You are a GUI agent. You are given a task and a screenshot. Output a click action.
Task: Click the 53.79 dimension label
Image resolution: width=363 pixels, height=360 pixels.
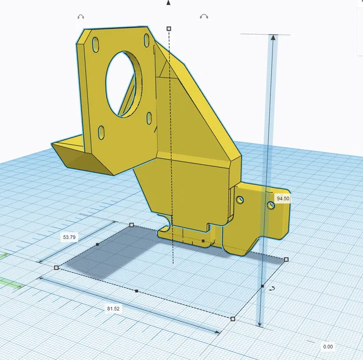[69, 237]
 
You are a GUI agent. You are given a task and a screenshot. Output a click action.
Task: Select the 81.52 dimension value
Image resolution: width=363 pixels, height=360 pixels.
[114, 309]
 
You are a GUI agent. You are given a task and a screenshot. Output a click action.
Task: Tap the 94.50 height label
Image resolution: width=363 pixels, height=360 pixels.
[283, 198]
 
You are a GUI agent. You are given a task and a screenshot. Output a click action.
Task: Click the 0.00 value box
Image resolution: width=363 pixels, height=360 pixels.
[328, 346]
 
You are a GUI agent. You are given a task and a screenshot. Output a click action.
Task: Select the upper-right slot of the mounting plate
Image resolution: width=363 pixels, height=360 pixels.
[147, 40]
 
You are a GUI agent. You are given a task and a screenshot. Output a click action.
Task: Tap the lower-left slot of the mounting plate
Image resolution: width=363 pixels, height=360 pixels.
[101, 132]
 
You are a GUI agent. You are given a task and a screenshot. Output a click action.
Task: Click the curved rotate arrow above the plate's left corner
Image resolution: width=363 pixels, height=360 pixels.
[81, 18]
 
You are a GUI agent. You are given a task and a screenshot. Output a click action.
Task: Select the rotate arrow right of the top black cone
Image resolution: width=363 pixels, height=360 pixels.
[204, 17]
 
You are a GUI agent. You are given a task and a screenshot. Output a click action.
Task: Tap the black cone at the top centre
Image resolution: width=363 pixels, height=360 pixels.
[168, 3]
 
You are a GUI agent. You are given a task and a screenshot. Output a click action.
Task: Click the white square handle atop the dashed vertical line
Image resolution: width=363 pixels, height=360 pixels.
[169, 28]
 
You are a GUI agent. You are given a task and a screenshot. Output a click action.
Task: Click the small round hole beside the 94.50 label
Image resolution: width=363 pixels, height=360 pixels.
[269, 204]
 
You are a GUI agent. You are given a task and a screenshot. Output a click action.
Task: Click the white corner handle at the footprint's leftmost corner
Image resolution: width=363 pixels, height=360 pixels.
[56, 267]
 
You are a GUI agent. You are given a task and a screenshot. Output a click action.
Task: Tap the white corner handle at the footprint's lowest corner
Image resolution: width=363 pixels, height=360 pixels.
[233, 318]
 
